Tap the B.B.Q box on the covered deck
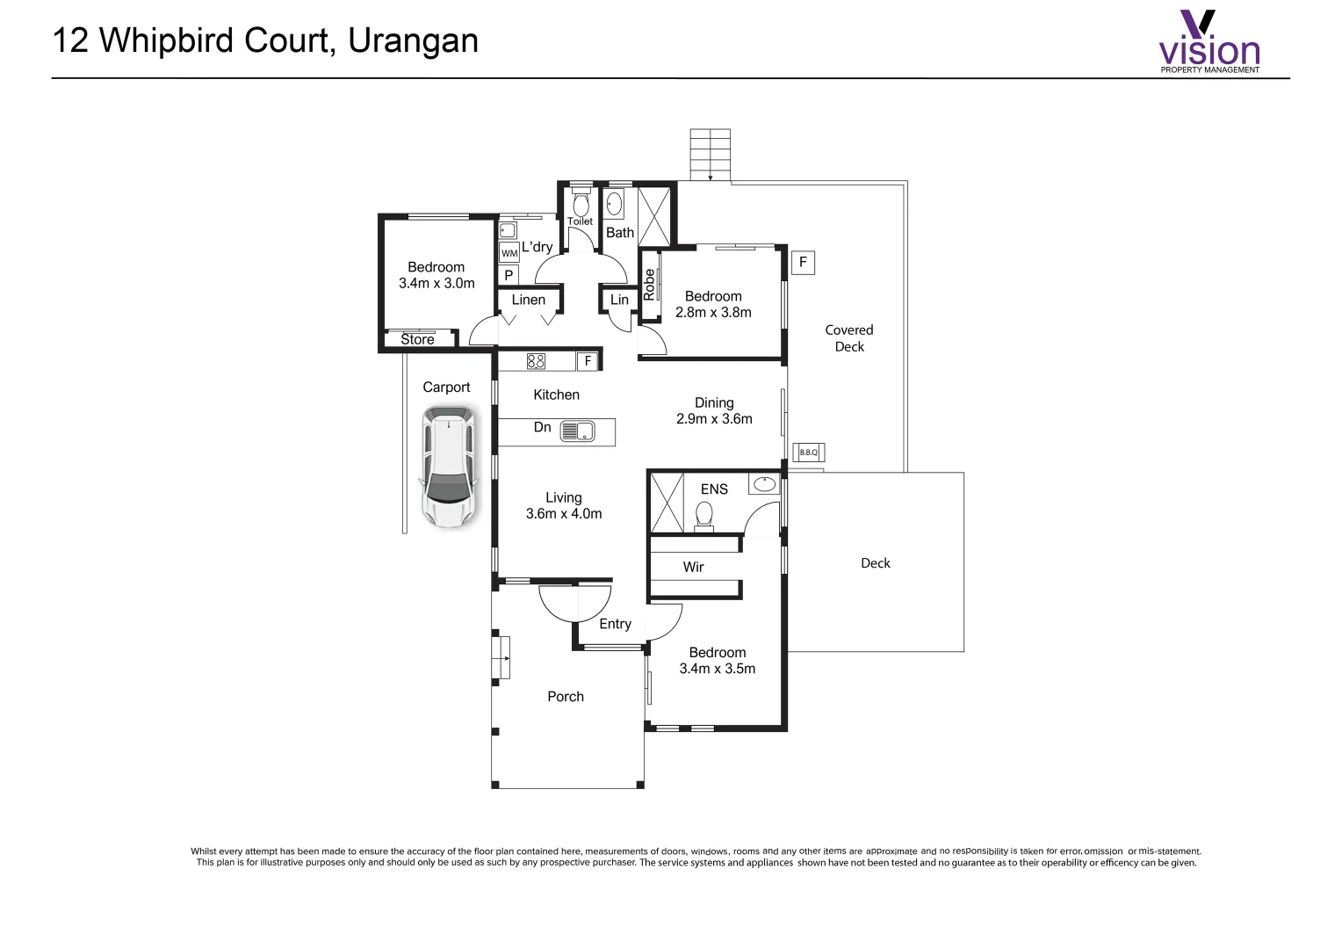[x=808, y=453]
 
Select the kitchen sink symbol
[x=577, y=431]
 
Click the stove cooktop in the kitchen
[x=536, y=361]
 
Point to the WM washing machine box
[x=509, y=253]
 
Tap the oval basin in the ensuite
[x=764, y=483]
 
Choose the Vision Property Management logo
[x=1209, y=42]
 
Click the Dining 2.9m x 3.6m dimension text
[x=714, y=419]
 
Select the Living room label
[x=564, y=497]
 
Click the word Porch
[x=566, y=697]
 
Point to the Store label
[x=418, y=339]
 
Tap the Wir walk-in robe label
[x=694, y=567]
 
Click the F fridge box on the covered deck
[x=803, y=262]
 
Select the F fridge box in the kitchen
[x=588, y=361]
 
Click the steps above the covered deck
[x=710, y=155]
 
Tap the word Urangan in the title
[x=413, y=41]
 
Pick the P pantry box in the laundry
[x=509, y=276]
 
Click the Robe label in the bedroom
[x=650, y=285]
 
